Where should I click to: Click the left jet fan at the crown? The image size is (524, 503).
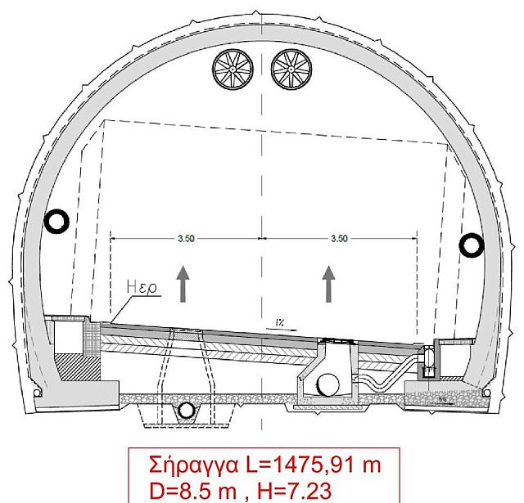tap(233, 70)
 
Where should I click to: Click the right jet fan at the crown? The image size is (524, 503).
tap(291, 70)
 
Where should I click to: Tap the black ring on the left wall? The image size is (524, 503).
tap(56, 222)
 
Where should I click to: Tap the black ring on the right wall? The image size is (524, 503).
tap(472, 245)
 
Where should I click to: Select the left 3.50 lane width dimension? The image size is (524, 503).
tap(186, 238)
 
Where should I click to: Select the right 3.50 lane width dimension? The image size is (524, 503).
tap(339, 238)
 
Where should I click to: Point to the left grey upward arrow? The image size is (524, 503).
tap(183, 284)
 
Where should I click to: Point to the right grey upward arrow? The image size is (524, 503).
tap(329, 284)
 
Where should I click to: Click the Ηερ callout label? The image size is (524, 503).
tap(142, 287)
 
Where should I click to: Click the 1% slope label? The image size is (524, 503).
tap(280, 322)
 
